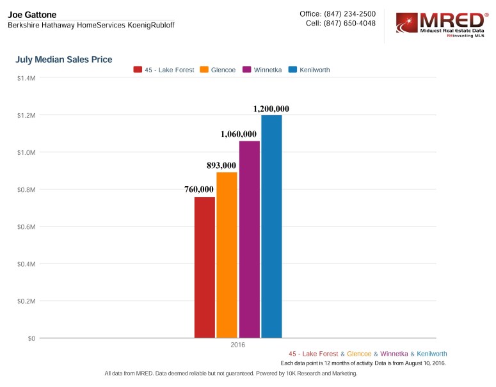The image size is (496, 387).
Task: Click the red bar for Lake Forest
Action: (x=205, y=267)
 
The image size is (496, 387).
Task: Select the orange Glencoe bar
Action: (x=227, y=255)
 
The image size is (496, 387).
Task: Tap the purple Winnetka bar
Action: (x=250, y=239)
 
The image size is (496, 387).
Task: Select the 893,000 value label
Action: (x=226, y=165)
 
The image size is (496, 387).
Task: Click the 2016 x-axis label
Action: (x=238, y=345)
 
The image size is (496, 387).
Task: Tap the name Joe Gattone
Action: (x=32, y=14)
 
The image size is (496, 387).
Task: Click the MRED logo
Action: (x=441, y=25)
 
